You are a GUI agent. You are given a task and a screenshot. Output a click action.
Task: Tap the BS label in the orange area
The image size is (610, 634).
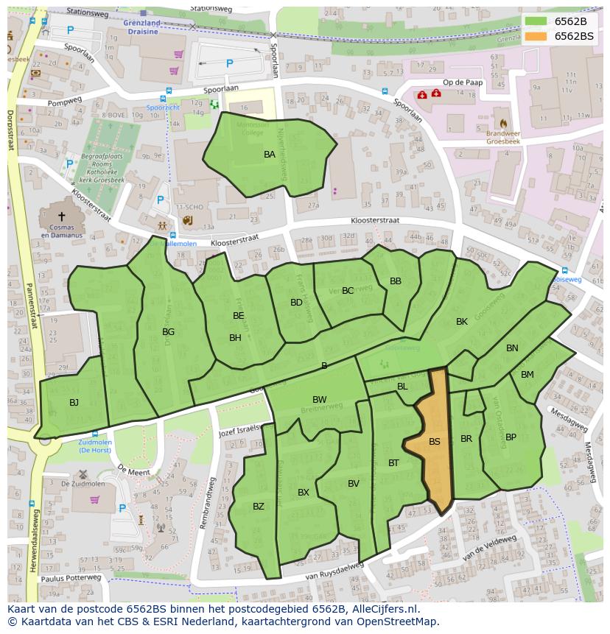[x=435, y=442]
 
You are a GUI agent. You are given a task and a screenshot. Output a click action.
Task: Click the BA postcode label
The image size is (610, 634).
[x=270, y=155]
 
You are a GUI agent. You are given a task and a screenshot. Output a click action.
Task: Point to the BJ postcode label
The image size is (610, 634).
[x=74, y=403]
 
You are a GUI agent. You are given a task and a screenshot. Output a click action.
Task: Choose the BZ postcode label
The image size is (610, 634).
[x=259, y=507]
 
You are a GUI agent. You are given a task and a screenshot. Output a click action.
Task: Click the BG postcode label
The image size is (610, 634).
[x=169, y=332]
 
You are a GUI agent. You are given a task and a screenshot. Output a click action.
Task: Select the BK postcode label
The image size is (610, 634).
[x=462, y=322]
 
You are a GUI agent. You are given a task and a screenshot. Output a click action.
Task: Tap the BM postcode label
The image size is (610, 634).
[x=527, y=375]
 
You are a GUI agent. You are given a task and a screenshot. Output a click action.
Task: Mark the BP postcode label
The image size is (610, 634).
[x=511, y=437]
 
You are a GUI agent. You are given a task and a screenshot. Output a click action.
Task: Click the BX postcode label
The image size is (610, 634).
[x=304, y=493]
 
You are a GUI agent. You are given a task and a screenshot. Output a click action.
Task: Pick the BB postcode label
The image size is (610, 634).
[x=396, y=281]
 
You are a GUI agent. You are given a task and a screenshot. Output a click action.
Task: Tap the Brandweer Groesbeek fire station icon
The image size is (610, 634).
[x=504, y=123]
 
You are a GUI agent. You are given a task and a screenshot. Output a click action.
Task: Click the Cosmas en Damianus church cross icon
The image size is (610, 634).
[x=61, y=216]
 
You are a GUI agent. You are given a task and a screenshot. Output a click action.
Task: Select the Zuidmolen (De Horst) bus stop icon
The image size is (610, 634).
[x=94, y=434]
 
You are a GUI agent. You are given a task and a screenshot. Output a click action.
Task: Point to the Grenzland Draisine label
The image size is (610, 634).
[x=143, y=28]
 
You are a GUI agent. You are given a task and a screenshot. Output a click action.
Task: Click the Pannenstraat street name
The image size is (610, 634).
[x=32, y=317]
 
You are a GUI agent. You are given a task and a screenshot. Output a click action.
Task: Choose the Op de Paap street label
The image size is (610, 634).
[x=462, y=82]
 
